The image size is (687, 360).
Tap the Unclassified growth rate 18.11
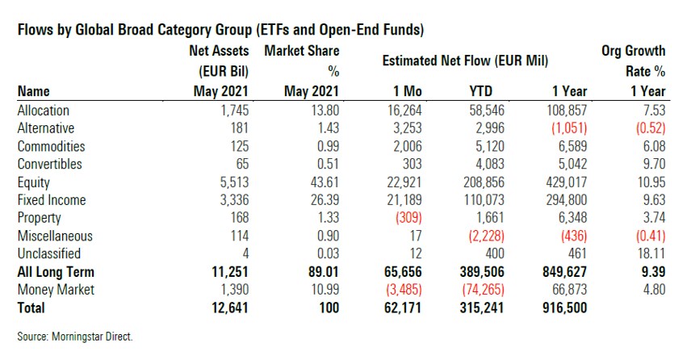(x=649, y=253)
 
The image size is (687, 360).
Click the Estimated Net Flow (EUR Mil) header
(x=466, y=61)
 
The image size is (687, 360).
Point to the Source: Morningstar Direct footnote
(x=72, y=335)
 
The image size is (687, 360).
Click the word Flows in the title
(x=34, y=30)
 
